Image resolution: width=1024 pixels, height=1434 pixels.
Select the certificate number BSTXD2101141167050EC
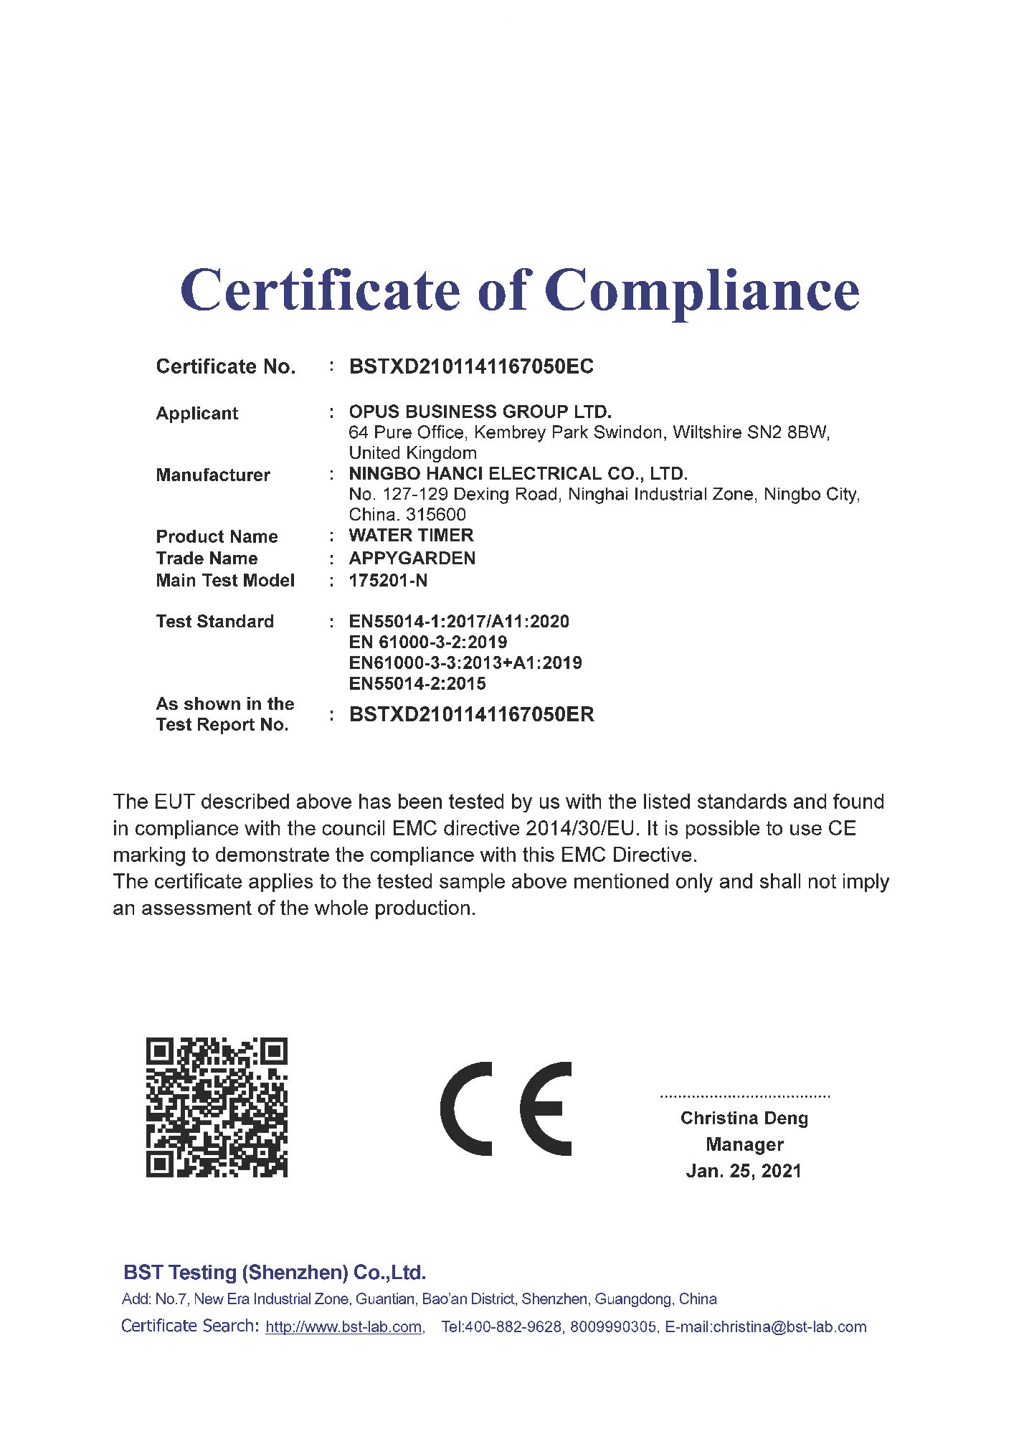click(x=471, y=367)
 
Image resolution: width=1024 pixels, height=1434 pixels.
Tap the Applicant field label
click(x=197, y=414)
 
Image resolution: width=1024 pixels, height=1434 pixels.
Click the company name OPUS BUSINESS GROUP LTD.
click(x=480, y=412)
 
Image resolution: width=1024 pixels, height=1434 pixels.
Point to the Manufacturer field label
click(x=213, y=475)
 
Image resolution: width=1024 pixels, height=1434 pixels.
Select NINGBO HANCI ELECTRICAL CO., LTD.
click(x=518, y=474)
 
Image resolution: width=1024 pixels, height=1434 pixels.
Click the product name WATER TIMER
click(x=411, y=536)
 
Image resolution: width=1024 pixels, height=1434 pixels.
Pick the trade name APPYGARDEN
click(x=412, y=559)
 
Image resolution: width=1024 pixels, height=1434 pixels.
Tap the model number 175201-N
click(x=388, y=581)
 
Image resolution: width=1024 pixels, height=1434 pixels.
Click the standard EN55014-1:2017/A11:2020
click(x=459, y=622)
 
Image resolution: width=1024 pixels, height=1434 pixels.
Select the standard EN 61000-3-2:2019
click(x=428, y=642)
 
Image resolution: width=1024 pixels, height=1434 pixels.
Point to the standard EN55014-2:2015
click(x=417, y=684)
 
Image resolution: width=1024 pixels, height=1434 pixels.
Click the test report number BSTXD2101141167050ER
click(x=471, y=715)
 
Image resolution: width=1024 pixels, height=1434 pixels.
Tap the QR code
click(x=217, y=1108)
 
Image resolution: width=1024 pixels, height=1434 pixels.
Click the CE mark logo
click(x=506, y=1109)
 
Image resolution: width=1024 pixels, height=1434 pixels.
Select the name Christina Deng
click(x=744, y=1119)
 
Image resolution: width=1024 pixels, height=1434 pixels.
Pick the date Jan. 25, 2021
click(x=744, y=1171)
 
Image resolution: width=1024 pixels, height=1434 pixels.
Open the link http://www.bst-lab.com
click(x=343, y=1327)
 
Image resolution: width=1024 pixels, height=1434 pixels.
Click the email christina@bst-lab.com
click(x=790, y=1327)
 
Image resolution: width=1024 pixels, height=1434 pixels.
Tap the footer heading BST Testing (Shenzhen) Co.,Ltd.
click(x=275, y=1273)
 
